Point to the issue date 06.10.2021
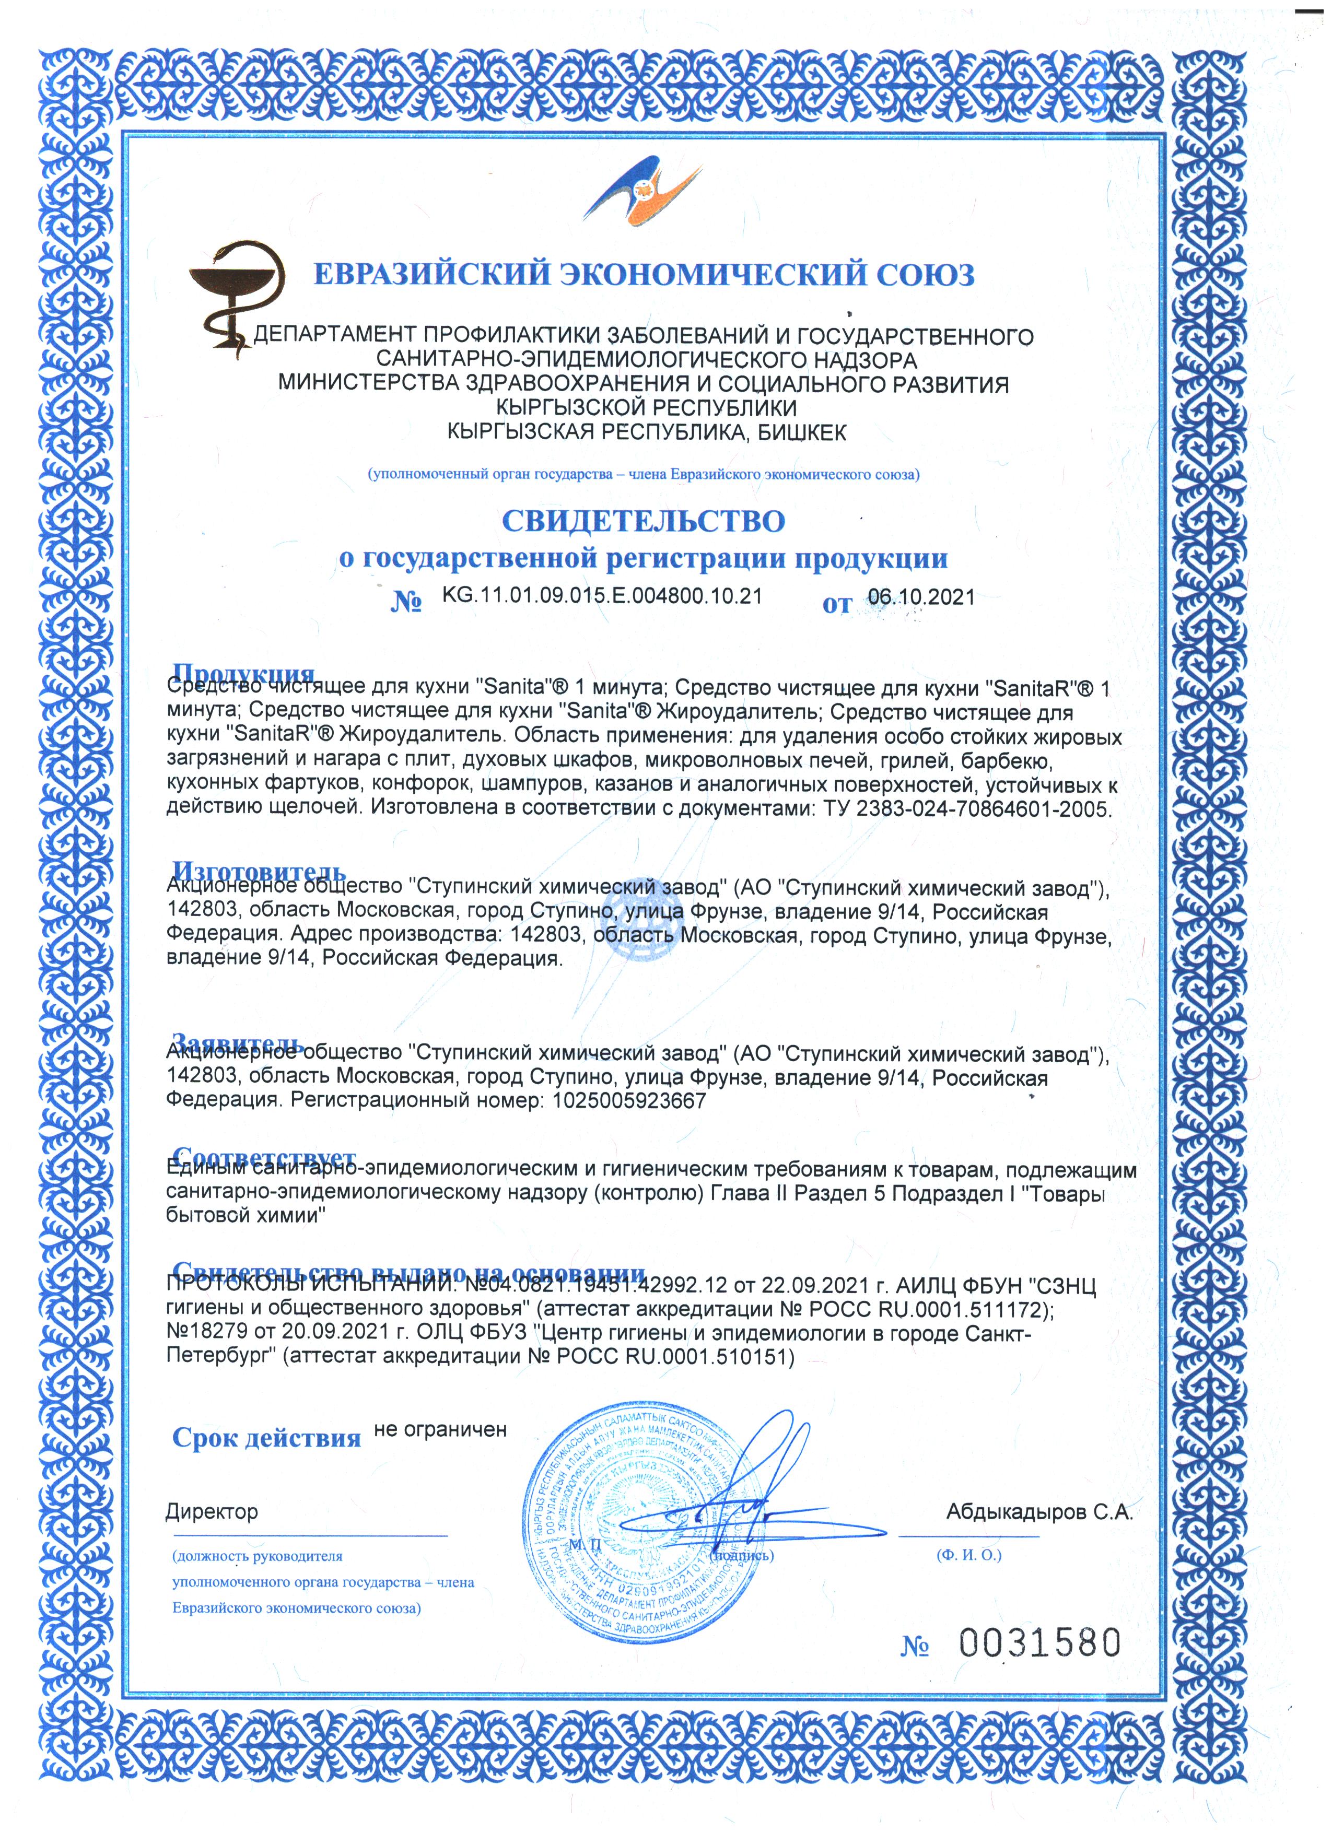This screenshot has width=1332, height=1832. click(x=921, y=598)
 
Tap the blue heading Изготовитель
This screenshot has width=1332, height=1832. click(x=259, y=872)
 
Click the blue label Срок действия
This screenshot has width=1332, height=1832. click(x=266, y=1439)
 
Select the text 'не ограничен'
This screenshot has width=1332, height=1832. click(x=440, y=1430)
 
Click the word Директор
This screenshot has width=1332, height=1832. click(x=212, y=1511)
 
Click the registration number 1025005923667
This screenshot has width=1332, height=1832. click(x=629, y=1101)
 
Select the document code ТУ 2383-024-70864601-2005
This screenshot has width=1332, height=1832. click(x=967, y=808)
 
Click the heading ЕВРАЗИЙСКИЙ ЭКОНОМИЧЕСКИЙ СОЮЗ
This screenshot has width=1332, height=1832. click(x=643, y=275)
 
